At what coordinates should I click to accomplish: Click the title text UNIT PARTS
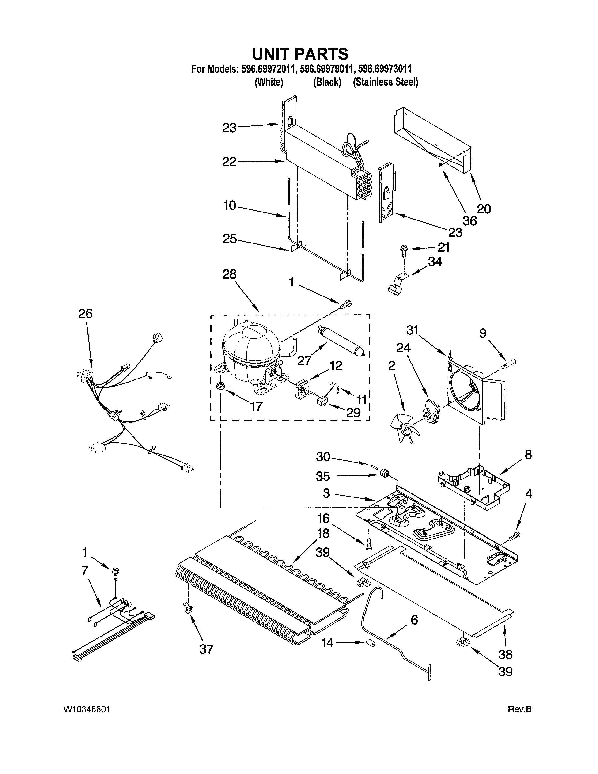[x=300, y=54]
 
